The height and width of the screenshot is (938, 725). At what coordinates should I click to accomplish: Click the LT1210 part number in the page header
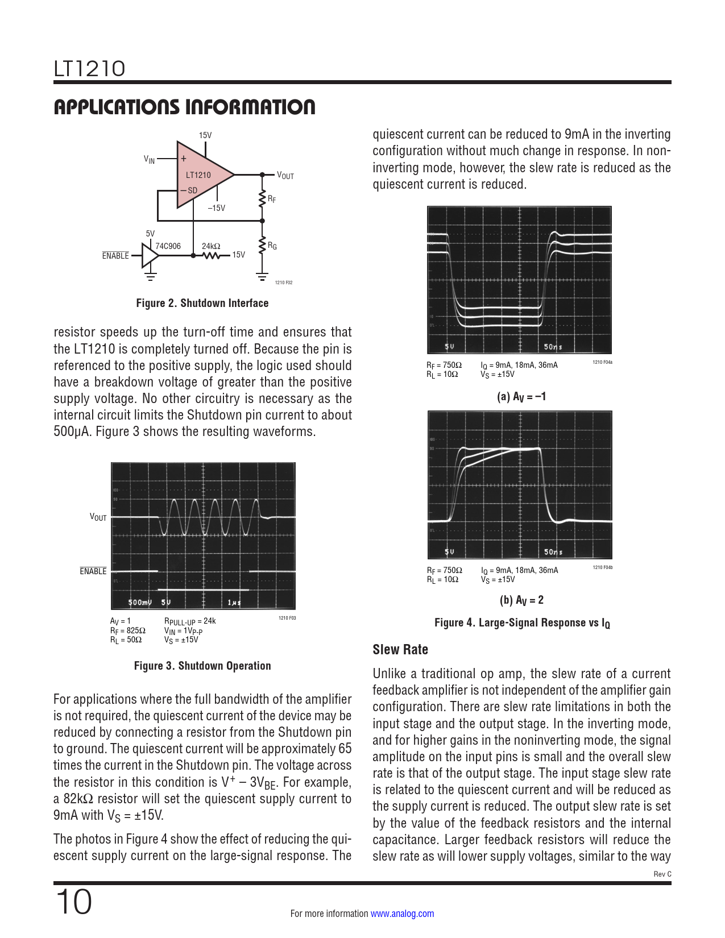(89, 69)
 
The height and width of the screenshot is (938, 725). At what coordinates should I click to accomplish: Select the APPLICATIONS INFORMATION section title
(184, 107)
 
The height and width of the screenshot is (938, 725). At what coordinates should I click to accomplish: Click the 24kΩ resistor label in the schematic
(211, 246)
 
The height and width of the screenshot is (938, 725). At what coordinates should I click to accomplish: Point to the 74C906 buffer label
(168, 246)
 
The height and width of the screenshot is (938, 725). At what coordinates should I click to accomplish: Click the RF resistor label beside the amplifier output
(272, 200)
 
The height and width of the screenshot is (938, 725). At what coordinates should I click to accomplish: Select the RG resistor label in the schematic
(272, 246)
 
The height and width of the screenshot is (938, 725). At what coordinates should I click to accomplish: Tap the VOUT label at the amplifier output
(285, 176)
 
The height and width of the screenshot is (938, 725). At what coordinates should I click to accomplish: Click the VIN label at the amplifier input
(149, 160)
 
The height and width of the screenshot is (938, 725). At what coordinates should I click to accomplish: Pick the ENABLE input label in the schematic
(115, 256)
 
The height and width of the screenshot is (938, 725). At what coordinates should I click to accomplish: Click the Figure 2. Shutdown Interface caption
(202, 303)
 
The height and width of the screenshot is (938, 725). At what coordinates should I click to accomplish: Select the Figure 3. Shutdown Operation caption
(202, 666)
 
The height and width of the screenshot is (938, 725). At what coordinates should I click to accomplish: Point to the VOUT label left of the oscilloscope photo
(98, 517)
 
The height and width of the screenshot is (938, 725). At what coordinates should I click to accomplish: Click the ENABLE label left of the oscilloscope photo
(93, 571)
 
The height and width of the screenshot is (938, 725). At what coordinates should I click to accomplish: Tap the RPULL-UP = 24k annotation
(190, 621)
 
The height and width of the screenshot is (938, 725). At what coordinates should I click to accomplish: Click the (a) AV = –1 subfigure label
(521, 397)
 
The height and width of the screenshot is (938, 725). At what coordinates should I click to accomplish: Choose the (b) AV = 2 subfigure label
(521, 600)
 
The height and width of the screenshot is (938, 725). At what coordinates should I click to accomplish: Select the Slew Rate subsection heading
(400, 650)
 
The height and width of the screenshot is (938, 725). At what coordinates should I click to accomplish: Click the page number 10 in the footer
(73, 902)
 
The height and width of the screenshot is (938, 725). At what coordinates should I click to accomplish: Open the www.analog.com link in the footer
(402, 914)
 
